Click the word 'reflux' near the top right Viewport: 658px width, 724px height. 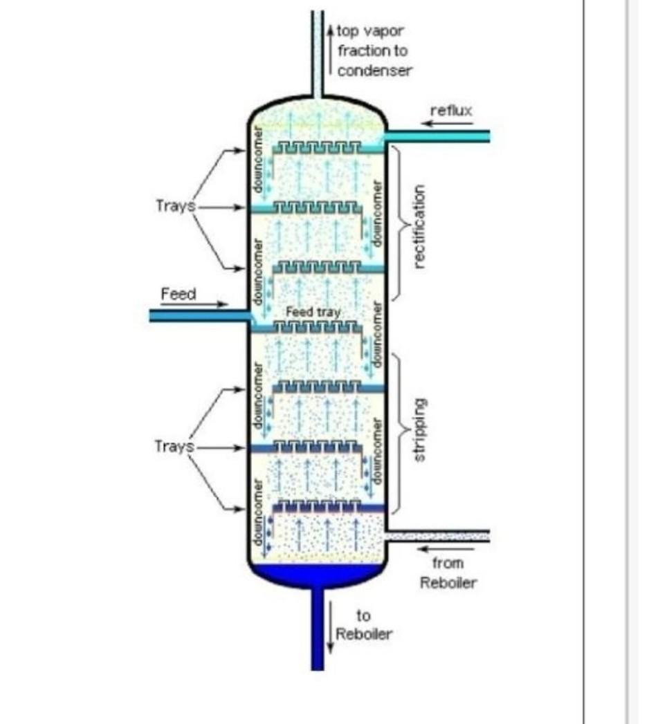451,111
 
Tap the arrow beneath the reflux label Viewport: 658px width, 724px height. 448,124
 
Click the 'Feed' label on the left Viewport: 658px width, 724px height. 179,294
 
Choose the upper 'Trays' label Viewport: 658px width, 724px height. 174,206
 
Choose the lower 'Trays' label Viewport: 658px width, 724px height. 174,447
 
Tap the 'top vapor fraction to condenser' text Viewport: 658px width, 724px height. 374,50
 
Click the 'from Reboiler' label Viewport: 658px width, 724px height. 448,573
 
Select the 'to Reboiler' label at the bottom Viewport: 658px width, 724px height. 364,624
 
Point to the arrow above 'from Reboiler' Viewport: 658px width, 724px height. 443,550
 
